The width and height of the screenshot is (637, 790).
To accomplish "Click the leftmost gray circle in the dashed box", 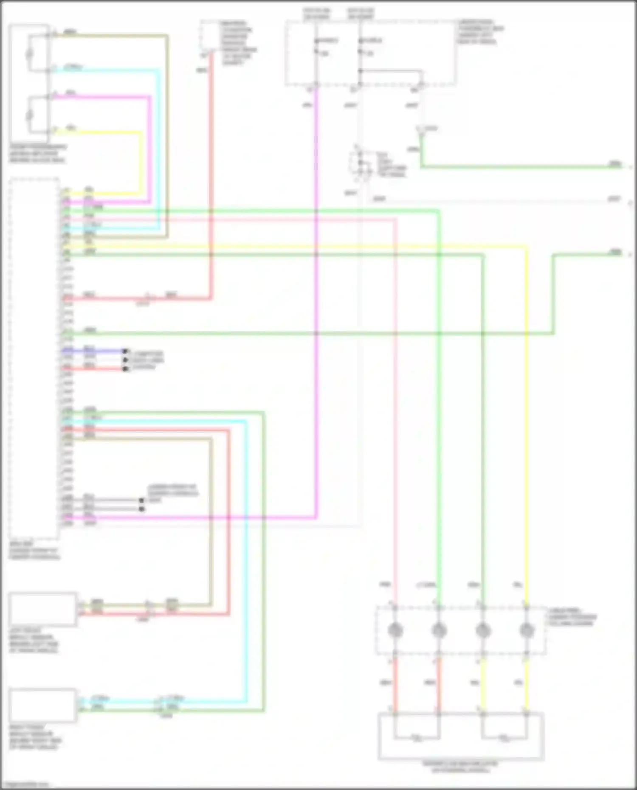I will click(x=395, y=630).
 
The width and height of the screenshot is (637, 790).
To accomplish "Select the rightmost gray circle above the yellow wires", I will click(x=526, y=630).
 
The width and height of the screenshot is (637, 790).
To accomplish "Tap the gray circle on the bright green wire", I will click(x=439, y=630).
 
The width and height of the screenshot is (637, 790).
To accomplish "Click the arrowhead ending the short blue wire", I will click(x=125, y=351).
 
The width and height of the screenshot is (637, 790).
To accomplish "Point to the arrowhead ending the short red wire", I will click(x=125, y=369).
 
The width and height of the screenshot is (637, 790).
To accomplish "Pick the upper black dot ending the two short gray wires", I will click(x=142, y=500).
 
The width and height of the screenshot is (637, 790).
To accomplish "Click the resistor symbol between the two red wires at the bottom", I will click(x=417, y=738).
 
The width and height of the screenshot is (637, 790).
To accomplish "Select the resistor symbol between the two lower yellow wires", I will click(x=504, y=738).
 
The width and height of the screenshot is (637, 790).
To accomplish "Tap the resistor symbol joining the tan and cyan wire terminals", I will click(x=29, y=53).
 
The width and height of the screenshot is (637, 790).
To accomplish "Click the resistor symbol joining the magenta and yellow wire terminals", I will click(x=29, y=115).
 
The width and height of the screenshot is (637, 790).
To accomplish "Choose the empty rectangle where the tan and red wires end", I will click(x=42, y=609).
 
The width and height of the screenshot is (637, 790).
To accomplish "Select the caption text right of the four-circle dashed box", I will click(x=572, y=617).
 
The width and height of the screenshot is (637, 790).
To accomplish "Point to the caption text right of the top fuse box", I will click(x=480, y=32).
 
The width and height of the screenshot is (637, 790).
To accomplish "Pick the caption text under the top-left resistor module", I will click(x=37, y=154).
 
